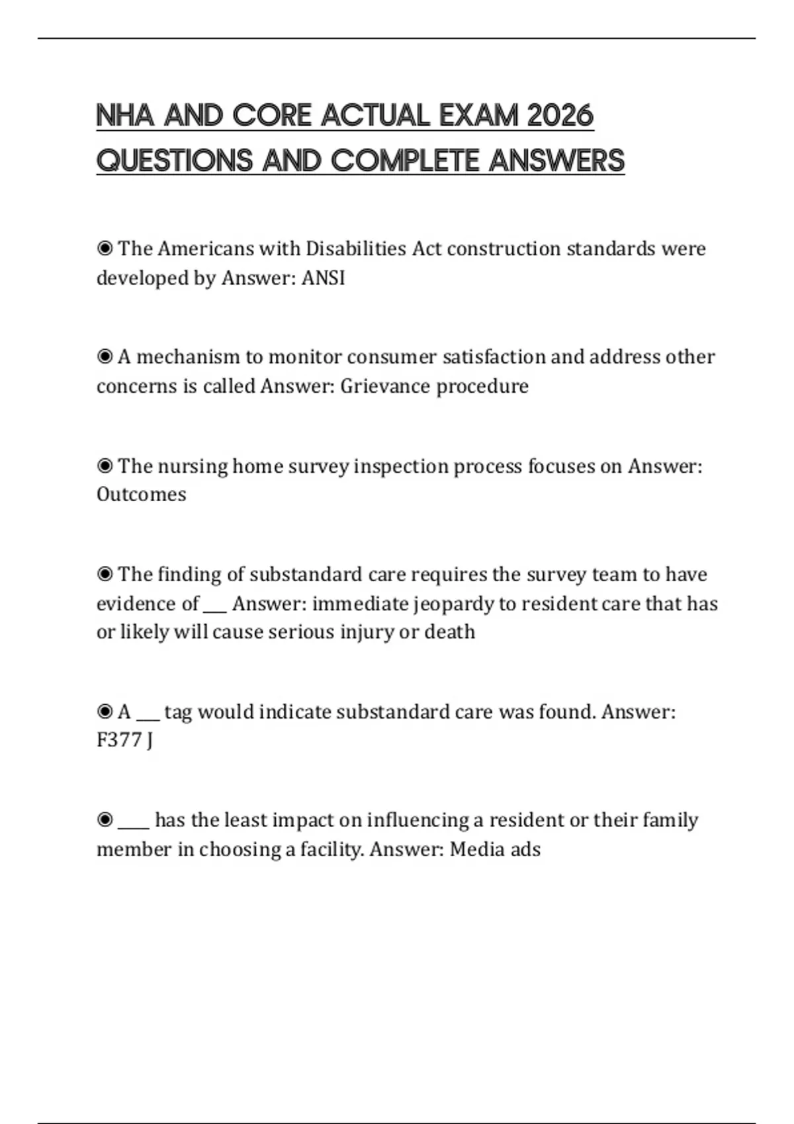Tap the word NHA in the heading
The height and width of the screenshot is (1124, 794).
pos(125,116)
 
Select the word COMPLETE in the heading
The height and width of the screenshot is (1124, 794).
pos(406,161)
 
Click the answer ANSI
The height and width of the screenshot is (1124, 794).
pos(324,278)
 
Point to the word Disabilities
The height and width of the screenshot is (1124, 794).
pos(356,249)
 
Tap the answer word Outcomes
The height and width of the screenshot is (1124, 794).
pos(142,495)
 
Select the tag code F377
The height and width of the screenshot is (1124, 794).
pos(120,740)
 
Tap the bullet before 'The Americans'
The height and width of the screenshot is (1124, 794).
pos(105,249)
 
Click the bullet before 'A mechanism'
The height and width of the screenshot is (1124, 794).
pos(105,357)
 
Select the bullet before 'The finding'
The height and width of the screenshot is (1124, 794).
pos(105,574)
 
